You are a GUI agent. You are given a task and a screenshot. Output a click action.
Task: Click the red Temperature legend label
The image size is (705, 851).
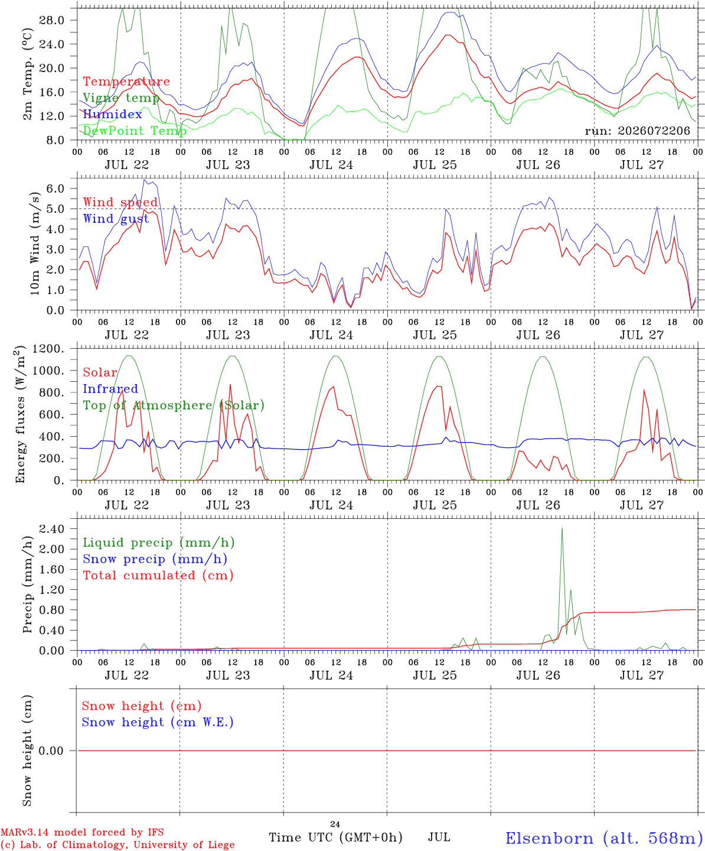pos(126,82)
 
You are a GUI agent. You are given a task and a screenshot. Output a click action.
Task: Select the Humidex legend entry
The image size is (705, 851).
pos(112,114)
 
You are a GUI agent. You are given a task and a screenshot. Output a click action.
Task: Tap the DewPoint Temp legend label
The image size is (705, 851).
pos(135,131)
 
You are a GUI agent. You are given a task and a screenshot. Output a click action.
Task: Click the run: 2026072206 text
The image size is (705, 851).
pos(637,131)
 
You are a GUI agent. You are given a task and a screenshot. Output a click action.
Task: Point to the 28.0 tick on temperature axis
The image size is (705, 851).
pos(51,20)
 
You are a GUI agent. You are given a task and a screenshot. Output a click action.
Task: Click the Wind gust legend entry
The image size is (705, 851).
pos(116,219)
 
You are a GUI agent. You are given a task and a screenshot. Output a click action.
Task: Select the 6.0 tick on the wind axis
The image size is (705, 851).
pos(56,189)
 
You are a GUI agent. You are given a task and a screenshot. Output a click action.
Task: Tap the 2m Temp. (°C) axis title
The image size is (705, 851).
pos(27,74)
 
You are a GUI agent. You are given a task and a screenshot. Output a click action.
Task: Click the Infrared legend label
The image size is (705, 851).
pos(110,389)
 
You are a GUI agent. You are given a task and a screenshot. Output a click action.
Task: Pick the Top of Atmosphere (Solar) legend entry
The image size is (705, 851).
pos(174,405)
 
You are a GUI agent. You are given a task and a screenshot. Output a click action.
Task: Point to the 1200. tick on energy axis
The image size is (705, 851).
pos(48,349)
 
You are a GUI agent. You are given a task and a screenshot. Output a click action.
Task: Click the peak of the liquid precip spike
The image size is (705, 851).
pos(562,528)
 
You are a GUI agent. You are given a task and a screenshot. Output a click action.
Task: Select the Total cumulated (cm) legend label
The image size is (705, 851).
pos(158,576)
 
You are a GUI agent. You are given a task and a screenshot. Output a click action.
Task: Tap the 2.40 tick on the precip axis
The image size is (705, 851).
pos(52,529)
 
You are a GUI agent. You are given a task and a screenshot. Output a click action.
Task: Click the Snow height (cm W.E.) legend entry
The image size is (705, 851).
pos(158,722)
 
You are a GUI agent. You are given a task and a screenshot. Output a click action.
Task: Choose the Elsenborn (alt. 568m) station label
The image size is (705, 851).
pos(600,838)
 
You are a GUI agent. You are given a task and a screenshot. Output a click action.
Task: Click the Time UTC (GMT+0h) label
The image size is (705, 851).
pos(335,837)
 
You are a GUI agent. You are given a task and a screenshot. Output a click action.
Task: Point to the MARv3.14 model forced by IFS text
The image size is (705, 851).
pos(82,832)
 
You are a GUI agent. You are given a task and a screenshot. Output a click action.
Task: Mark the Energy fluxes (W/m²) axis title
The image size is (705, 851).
pos(20,414)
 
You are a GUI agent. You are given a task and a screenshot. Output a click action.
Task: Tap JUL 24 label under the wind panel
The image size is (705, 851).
pos(331,335)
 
